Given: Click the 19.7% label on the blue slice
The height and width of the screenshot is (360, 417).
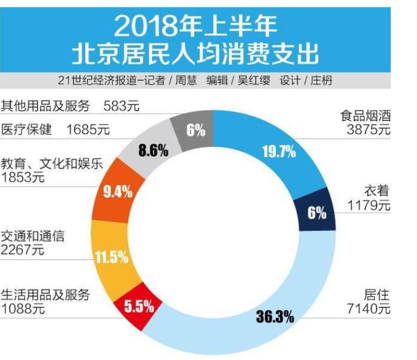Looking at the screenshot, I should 279,153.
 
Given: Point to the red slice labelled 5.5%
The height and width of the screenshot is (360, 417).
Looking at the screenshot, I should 138,306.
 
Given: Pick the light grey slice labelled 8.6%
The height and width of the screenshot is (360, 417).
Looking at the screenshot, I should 153,151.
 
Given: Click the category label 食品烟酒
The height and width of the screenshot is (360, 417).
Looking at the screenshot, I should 366,116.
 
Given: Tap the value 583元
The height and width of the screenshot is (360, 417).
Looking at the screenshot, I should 121,106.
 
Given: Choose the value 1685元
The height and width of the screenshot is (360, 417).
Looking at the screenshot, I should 88,130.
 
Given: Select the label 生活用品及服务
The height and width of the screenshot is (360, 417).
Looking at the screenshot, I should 46,295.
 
